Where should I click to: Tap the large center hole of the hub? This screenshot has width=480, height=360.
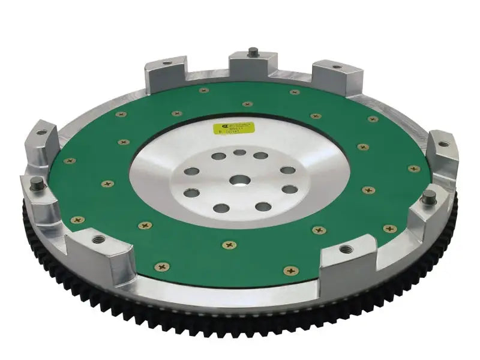[x=239, y=180]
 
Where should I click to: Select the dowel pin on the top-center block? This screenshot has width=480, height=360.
[x=254, y=52]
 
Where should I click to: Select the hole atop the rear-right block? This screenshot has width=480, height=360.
[x=336, y=66]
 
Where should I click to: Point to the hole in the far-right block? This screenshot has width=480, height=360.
[x=443, y=143]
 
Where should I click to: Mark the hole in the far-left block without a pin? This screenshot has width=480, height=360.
[x=42, y=132]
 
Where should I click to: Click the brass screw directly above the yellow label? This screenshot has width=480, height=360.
[x=248, y=104]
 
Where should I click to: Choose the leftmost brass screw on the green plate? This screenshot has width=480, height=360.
[x=70, y=161]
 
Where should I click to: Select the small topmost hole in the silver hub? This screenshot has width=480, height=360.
[x=239, y=152]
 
